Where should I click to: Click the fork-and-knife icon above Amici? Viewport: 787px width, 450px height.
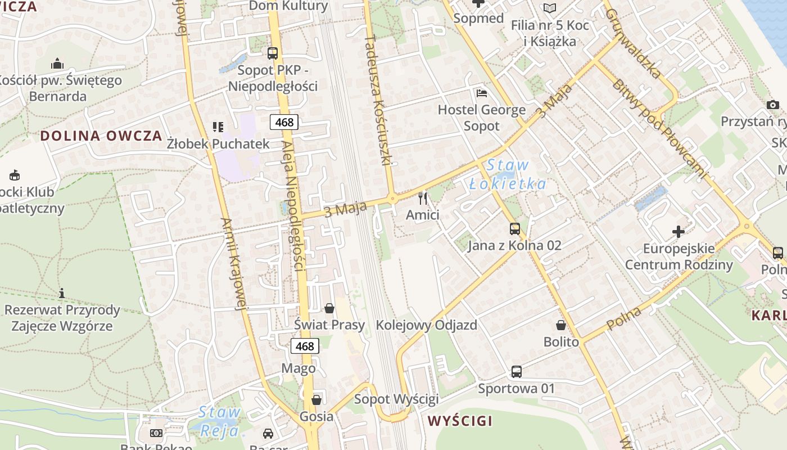click(x=423, y=198)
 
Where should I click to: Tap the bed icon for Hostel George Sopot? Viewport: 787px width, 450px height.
click(x=481, y=93)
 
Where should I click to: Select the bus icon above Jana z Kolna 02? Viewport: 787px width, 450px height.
click(x=514, y=228)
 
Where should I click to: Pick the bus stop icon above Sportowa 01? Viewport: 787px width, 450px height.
click(x=516, y=371)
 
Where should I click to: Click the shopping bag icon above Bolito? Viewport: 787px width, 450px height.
click(x=560, y=325)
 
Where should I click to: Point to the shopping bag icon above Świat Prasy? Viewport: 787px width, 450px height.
click(x=329, y=308)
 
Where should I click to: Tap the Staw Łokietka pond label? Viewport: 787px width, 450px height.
click(x=508, y=174)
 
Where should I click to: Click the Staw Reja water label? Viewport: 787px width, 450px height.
click(x=219, y=421)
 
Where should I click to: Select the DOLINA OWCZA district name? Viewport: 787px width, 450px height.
click(x=101, y=136)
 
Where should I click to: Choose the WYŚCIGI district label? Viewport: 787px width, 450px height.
click(x=460, y=421)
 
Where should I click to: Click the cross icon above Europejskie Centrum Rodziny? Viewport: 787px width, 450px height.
click(x=679, y=231)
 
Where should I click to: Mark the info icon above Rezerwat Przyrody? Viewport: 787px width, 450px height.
click(x=62, y=293)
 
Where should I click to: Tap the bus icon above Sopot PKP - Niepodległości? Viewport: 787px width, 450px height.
click(x=273, y=53)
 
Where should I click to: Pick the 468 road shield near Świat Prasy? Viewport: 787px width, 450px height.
click(x=305, y=346)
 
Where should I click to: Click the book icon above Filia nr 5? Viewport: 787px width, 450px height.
click(x=549, y=8)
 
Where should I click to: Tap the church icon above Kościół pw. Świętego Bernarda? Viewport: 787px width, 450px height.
click(x=57, y=64)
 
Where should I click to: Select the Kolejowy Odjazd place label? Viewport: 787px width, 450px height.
click(x=426, y=325)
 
